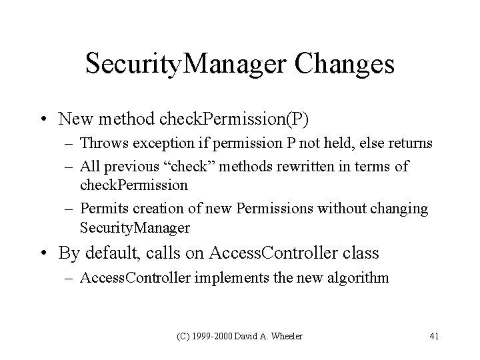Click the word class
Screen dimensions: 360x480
tap(360, 253)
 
